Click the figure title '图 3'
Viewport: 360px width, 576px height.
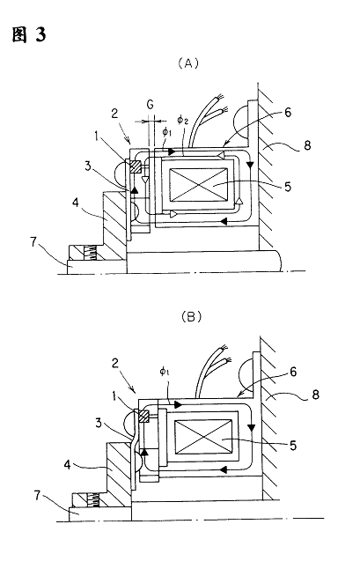point(29,35)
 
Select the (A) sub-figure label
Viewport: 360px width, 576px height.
point(188,63)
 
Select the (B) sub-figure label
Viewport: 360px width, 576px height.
point(192,316)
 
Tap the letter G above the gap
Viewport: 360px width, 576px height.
point(151,105)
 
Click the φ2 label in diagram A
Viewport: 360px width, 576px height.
point(182,120)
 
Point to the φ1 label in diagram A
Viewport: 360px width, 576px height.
point(166,132)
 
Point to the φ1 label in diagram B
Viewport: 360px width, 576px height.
point(165,372)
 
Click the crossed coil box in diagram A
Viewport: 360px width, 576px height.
point(199,185)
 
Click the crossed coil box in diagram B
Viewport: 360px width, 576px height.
point(203,438)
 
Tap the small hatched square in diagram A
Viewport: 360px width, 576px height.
point(135,166)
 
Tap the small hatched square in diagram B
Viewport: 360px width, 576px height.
point(143,417)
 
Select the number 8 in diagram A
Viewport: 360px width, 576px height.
point(307,145)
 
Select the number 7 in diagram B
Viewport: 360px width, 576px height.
point(38,496)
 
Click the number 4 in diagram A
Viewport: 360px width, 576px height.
point(75,203)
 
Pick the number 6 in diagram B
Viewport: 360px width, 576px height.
point(293,373)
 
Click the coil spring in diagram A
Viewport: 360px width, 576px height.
point(90,253)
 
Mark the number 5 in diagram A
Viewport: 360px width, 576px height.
point(288,187)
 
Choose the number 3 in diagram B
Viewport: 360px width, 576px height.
point(99,423)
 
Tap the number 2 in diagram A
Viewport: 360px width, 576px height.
point(114,114)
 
